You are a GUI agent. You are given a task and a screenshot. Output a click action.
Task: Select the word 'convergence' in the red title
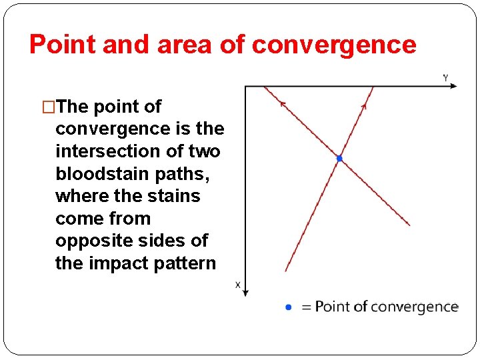pos(335,45)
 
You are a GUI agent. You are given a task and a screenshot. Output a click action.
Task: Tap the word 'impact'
pos(119,263)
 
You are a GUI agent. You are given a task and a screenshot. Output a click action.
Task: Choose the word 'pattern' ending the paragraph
pos(187,263)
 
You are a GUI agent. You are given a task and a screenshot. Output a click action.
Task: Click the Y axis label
pos(445,78)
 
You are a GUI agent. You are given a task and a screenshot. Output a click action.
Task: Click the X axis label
pos(238,285)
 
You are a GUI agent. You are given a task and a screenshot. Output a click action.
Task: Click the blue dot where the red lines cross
pos(339,159)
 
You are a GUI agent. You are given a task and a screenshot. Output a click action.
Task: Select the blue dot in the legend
pos(288,307)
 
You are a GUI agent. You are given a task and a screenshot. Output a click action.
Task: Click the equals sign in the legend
pos(307,307)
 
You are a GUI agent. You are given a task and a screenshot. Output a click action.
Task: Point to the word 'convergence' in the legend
pos(413,307)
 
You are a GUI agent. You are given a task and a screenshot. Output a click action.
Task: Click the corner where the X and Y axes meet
pos(245,86)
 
